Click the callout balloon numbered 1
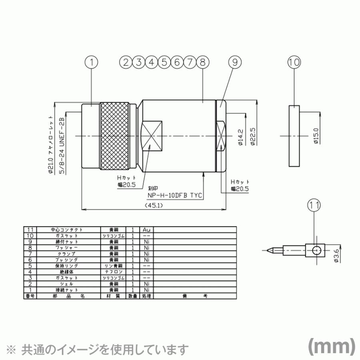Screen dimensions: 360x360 (92, 62)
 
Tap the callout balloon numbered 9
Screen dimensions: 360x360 (235, 62)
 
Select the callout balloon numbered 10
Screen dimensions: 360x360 (294, 62)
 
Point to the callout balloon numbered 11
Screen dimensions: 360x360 (314, 205)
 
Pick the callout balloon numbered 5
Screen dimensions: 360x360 (164, 62)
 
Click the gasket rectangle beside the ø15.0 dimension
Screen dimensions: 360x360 (294, 136)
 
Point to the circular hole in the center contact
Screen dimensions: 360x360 (316, 250)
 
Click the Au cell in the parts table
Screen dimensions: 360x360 (146, 230)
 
